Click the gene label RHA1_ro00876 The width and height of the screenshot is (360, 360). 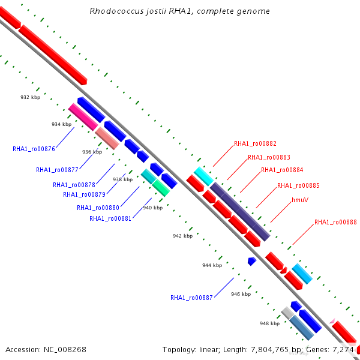(34, 149)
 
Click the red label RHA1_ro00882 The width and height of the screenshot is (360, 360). (255, 143)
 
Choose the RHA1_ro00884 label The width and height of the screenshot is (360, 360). (282, 170)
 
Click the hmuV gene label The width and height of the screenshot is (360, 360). (300, 200)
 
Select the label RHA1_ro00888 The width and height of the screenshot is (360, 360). (335, 222)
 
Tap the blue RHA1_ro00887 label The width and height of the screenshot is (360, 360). (191, 298)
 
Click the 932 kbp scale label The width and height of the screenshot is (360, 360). (31, 97)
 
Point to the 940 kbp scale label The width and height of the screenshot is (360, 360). (152, 208)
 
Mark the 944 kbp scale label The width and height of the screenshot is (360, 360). (212, 265)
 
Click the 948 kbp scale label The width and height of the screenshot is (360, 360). (269, 323)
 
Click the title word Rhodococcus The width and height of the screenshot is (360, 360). (113, 11)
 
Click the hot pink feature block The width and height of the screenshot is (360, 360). (83, 116)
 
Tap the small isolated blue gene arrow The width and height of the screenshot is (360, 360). (252, 261)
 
